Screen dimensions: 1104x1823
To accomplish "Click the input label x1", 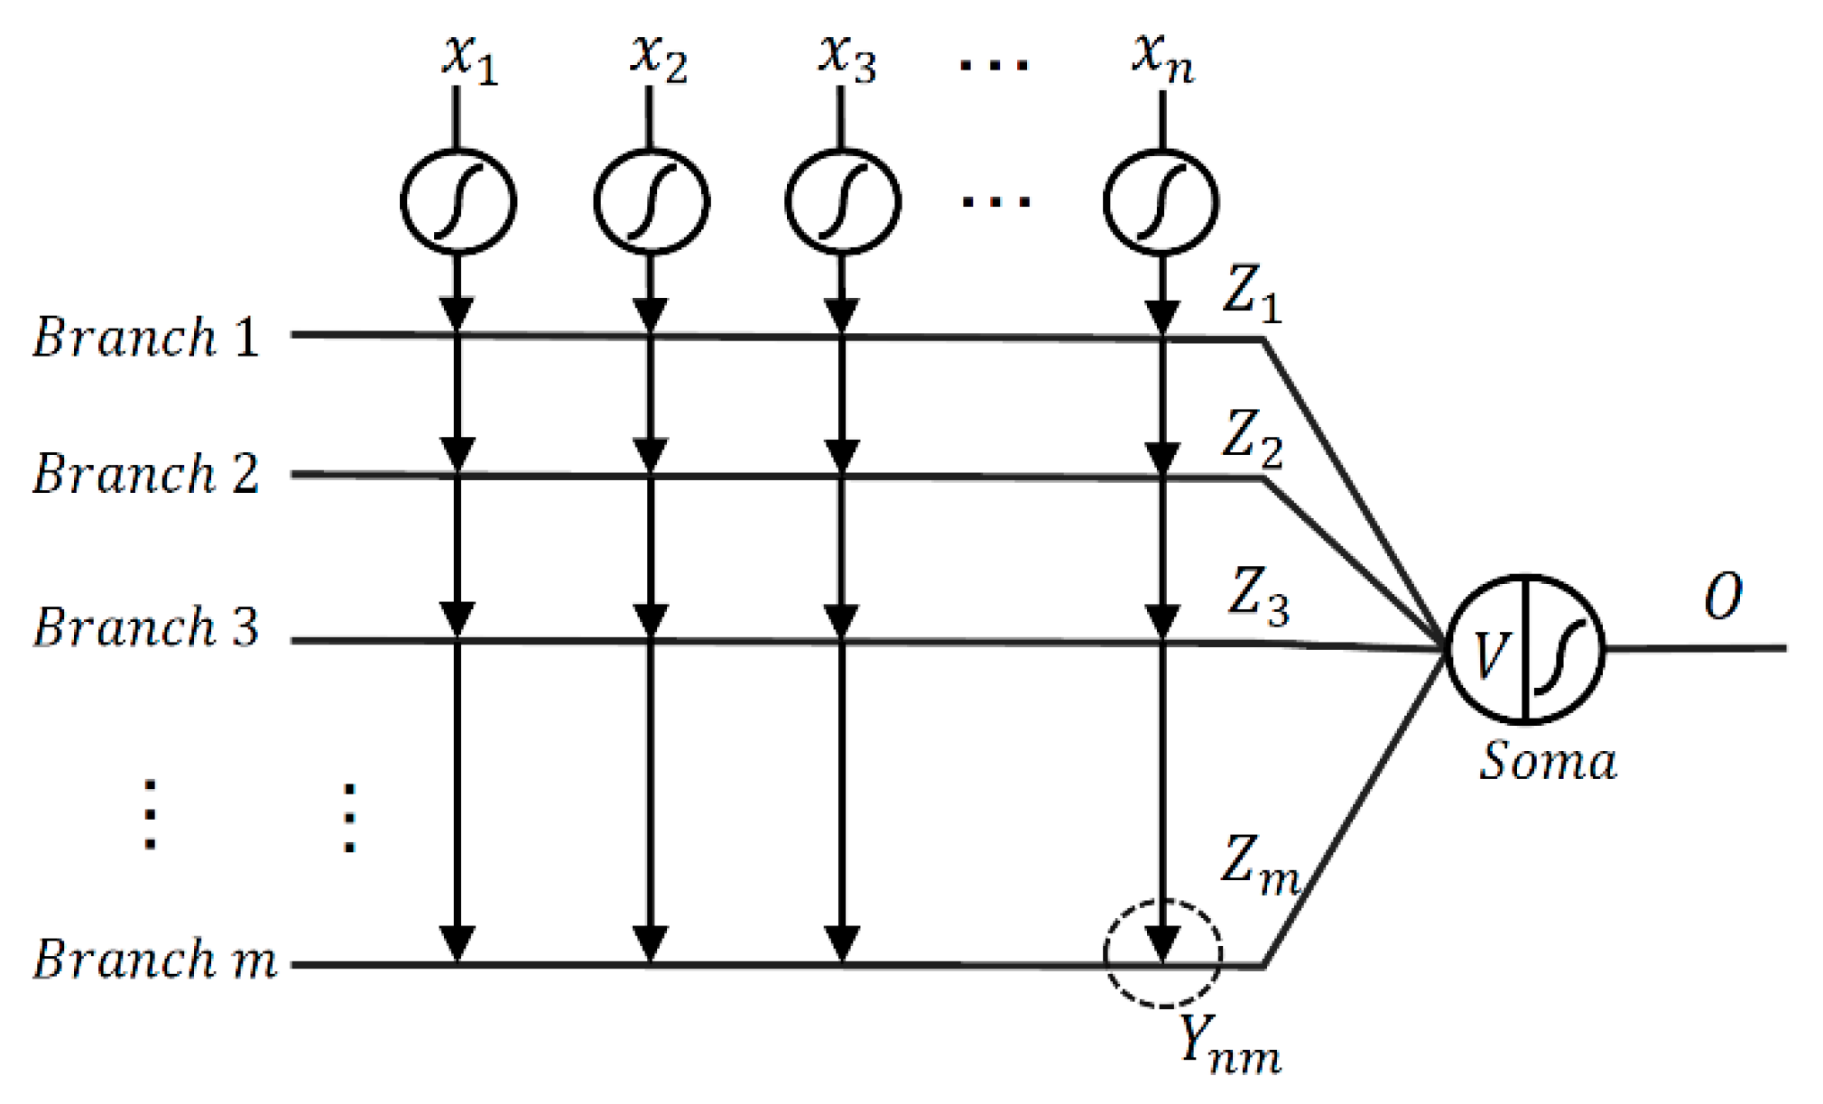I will coord(469,60).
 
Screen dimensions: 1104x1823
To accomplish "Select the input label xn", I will coord(1162,60).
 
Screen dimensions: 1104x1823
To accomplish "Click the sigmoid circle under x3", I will coord(842,200).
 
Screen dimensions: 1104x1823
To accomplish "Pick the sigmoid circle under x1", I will coord(458,200).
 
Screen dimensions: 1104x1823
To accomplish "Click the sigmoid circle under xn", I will coord(1161,200).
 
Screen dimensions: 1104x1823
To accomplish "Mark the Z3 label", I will coord(1257,596).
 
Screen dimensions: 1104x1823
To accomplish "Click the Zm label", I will coord(1260,865).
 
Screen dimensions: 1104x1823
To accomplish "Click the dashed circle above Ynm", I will coord(1162,953).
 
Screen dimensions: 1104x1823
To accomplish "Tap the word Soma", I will coord(1547,761).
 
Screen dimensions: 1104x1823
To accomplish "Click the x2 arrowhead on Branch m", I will coord(650,944).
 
